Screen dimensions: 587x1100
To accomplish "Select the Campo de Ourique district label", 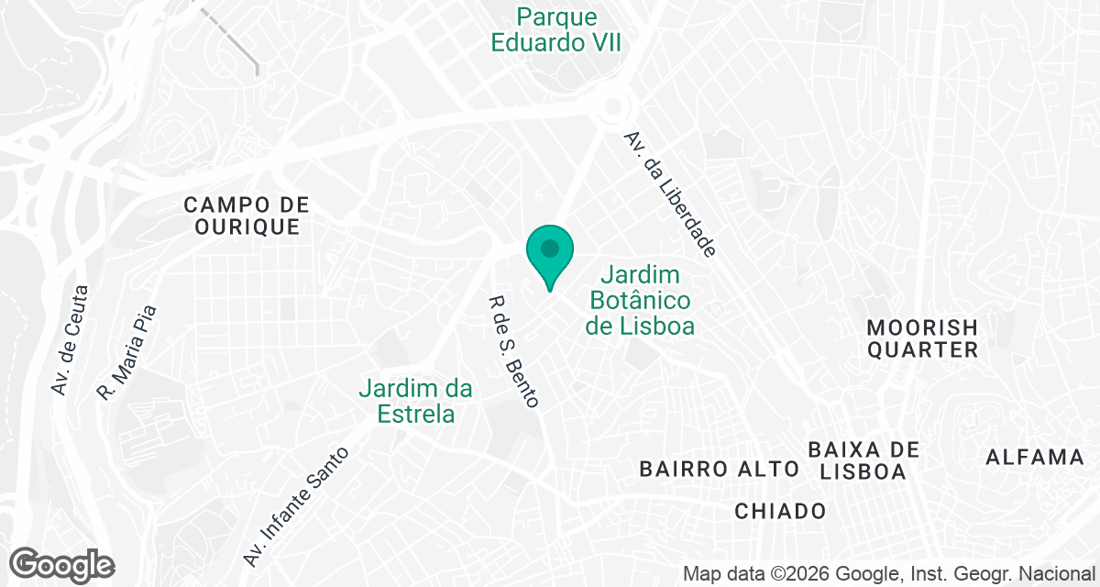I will pyautogui.click(x=247, y=216).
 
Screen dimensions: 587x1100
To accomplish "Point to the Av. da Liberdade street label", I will pyautogui.click(x=669, y=194).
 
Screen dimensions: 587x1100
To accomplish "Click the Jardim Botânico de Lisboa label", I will pyautogui.click(x=641, y=300).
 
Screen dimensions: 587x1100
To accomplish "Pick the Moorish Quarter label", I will pyautogui.click(x=923, y=338).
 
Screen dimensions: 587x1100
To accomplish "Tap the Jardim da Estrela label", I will pyautogui.click(x=416, y=401).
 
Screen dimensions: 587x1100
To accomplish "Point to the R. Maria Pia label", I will pyautogui.click(x=127, y=353).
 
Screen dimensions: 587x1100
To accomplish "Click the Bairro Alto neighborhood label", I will pyautogui.click(x=720, y=470).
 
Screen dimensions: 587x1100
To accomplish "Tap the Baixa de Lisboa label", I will pyautogui.click(x=863, y=460).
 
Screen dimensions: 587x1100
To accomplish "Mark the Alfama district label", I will pyautogui.click(x=1035, y=457).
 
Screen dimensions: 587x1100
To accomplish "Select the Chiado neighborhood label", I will pyautogui.click(x=780, y=511).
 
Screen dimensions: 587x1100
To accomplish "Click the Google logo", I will pyautogui.click(x=61, y=565).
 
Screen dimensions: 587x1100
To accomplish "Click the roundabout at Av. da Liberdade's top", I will pyautogui.click(x=611, y=113).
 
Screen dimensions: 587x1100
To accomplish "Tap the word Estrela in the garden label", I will pyautogui.click(x=416, y=414).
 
